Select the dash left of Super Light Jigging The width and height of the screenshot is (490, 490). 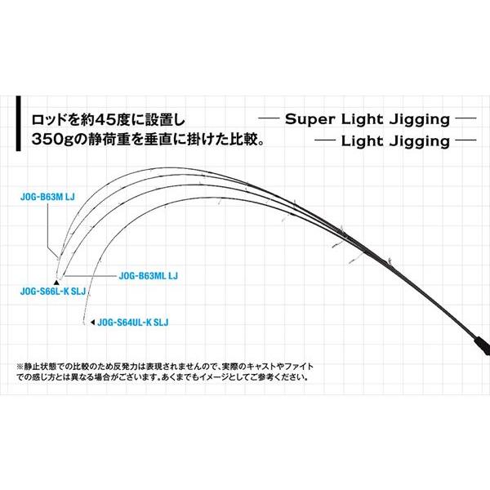pyautogui.click(x=271, y=119)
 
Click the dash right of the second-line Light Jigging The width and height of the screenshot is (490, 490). pyautogui.click(x=465, y=141)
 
